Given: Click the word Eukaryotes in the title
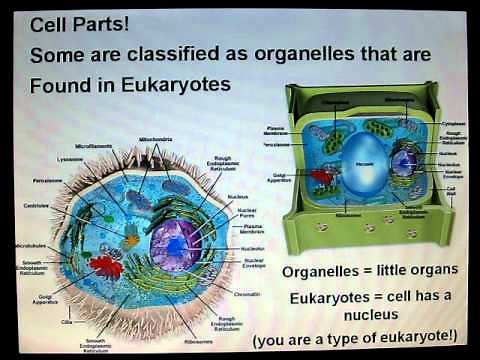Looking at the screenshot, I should coord(179,84).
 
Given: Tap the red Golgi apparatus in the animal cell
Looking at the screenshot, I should coord(105,267).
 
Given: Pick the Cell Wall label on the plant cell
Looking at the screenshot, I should coord(450,190).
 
